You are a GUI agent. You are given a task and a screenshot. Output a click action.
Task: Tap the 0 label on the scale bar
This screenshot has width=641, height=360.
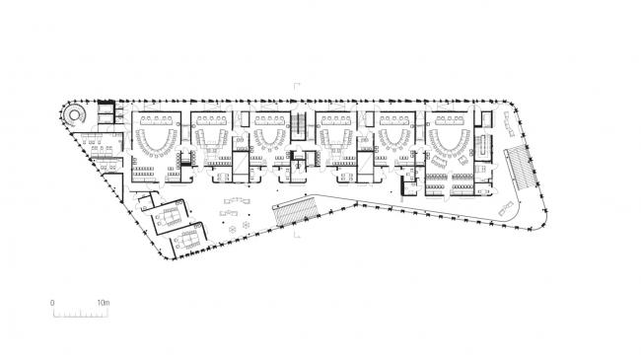(x=53, y=302)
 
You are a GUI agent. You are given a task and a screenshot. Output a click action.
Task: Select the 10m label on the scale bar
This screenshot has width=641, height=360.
(x=104, y=302)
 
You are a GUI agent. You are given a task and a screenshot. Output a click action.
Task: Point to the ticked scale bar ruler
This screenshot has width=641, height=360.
(x=79, y=314)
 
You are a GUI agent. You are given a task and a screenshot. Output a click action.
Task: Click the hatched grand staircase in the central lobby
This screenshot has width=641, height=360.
(x=295, y=210)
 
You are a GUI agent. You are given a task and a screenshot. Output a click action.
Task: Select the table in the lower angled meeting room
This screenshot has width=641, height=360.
(x=187, y=237)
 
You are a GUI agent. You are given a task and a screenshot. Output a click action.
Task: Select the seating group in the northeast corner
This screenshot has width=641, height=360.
(x=508, y=123)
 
